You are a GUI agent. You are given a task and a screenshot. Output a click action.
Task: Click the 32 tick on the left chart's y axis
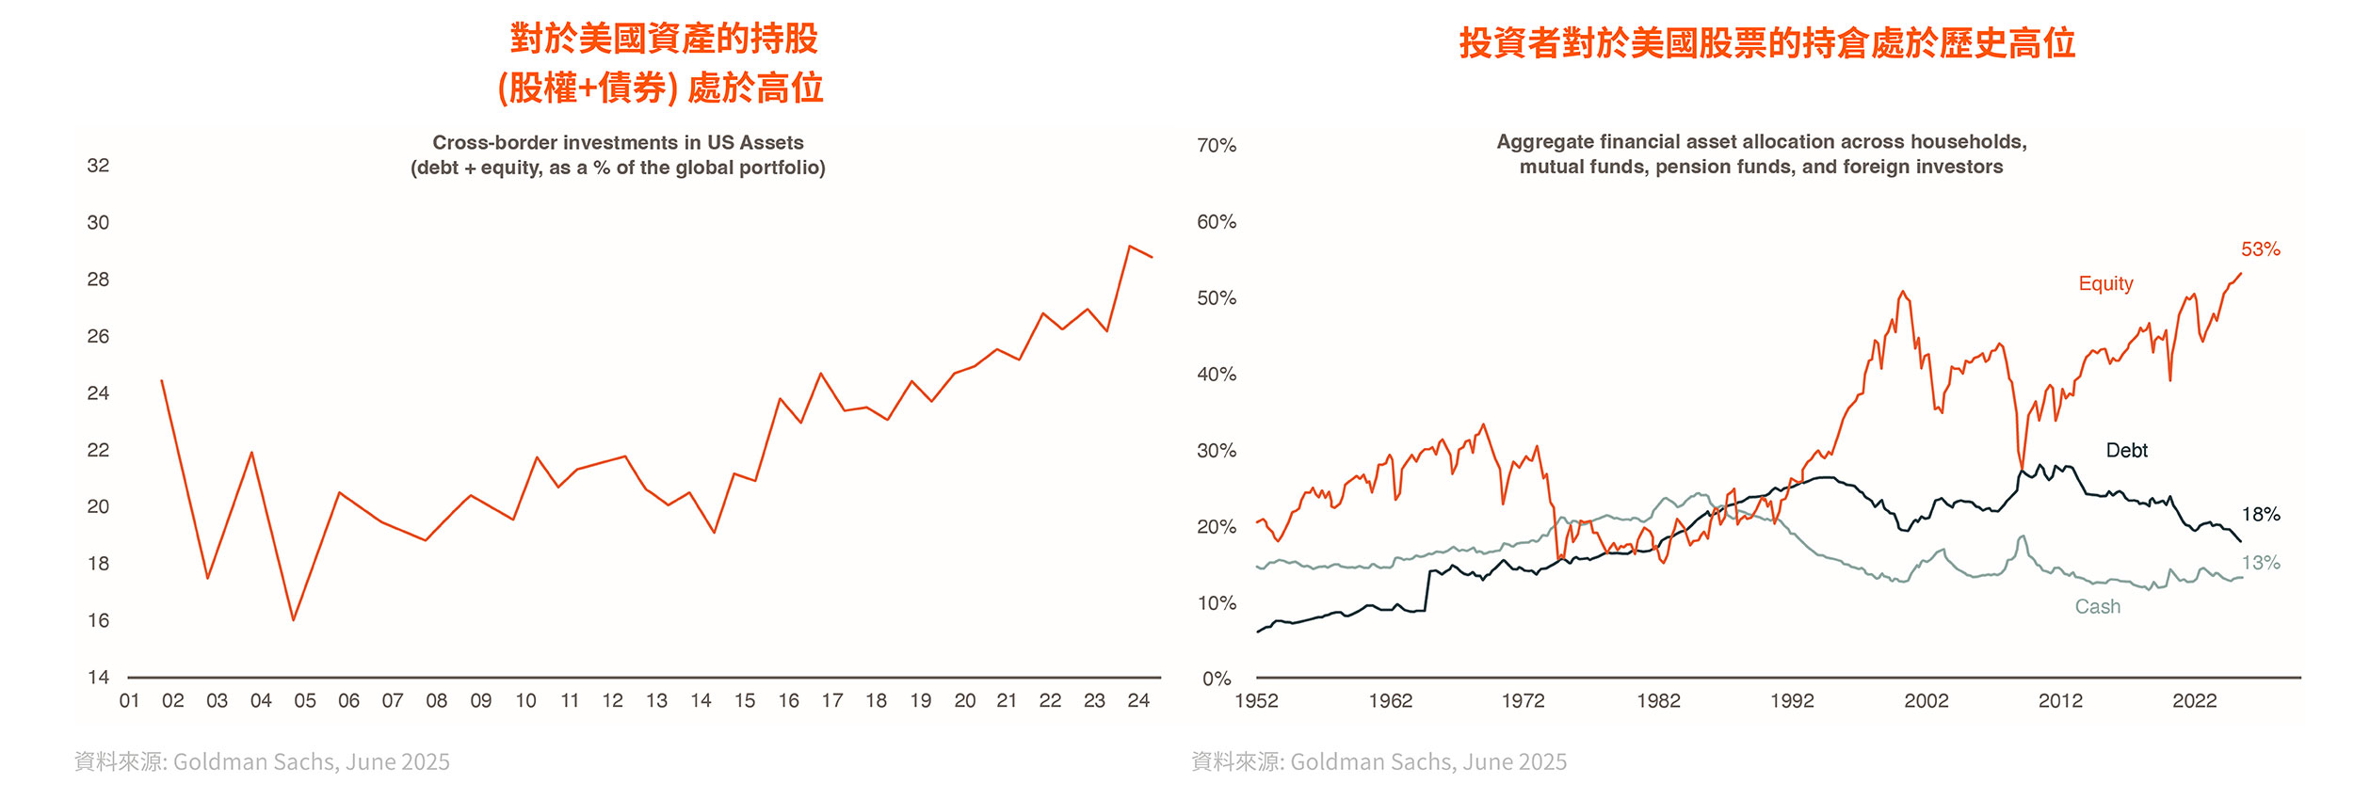(98, 166)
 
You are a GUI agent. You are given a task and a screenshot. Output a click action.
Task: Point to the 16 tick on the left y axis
(98, 620)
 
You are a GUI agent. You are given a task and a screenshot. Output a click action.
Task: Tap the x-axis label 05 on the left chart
(305, 700)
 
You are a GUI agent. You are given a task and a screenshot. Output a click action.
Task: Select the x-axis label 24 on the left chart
(1138, 700)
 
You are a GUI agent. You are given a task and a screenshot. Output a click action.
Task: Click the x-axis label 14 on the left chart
(701, 700)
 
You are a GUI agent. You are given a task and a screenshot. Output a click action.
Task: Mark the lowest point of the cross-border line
(294, 620)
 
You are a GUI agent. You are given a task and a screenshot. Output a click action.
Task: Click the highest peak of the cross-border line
(1129, 247)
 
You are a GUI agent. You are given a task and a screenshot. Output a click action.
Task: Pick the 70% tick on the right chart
(1217, 146)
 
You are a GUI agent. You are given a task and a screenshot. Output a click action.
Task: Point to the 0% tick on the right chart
(1217, 679)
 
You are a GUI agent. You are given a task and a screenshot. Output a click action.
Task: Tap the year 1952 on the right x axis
(1256, 700)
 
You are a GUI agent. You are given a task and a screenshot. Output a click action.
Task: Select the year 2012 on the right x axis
(2060, 700)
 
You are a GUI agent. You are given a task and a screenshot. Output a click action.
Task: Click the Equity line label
(2105, 283)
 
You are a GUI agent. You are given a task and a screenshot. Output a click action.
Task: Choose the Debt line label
(2126, 450)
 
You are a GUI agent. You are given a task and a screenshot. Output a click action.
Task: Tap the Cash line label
(2098, 607)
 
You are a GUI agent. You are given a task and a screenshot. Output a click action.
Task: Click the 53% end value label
(2260, 249)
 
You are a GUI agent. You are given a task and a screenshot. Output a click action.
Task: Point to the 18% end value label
(2260, 514)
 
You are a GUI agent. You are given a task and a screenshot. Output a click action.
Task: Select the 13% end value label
(2260, 563)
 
